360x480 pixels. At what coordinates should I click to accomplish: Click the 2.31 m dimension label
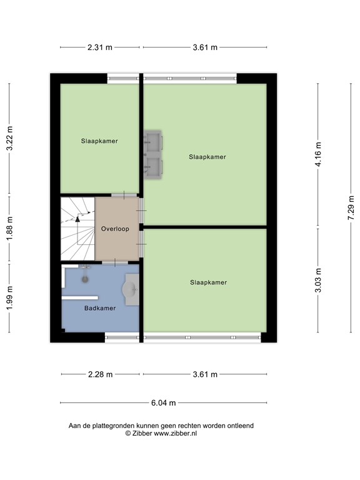(x=100, y=47)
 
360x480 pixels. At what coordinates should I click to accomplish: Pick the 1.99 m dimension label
(x=9, y=298)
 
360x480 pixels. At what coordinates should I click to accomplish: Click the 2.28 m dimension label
(x=100, y=374)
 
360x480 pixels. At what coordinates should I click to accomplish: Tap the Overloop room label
(x=115, y=229)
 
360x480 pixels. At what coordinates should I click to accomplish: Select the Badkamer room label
(x=99, y=308)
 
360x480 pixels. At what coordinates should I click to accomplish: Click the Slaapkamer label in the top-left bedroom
(x=99, y=141)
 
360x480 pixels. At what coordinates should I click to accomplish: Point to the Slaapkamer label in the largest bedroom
(x=207, y=157)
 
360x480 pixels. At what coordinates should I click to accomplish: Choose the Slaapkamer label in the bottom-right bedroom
(x=208, y=282)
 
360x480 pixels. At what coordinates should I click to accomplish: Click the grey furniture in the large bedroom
(x=152, y=155)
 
